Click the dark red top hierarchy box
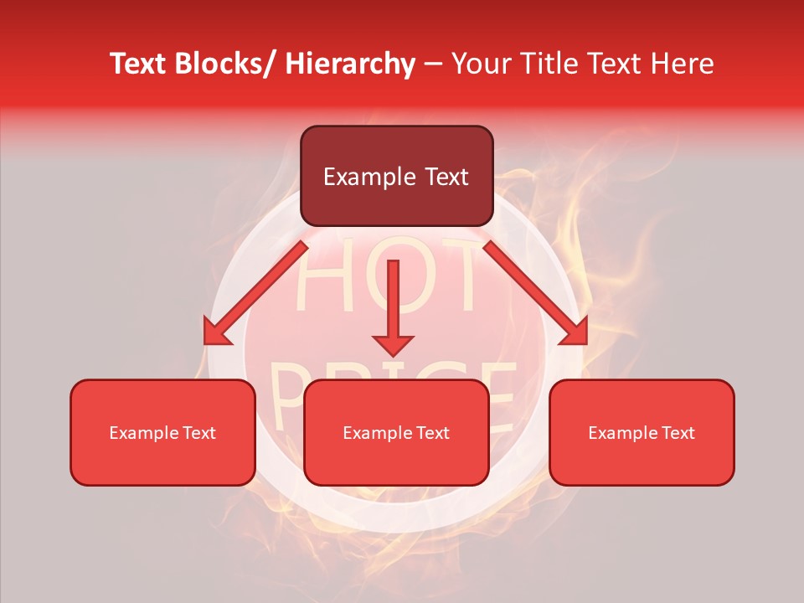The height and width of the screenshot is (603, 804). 396,176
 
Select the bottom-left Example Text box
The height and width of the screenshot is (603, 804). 162,432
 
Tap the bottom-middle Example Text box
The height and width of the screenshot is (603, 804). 396,432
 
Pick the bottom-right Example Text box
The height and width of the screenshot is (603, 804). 642,432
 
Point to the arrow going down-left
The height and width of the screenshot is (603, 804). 255,294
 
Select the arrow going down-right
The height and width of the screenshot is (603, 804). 536,294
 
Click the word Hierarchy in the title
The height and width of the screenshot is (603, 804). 350,64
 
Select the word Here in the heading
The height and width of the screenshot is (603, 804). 684,64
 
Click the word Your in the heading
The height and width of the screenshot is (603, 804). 480,64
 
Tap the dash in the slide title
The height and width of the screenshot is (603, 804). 433,64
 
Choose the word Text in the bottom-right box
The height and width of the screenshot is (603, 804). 677,433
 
